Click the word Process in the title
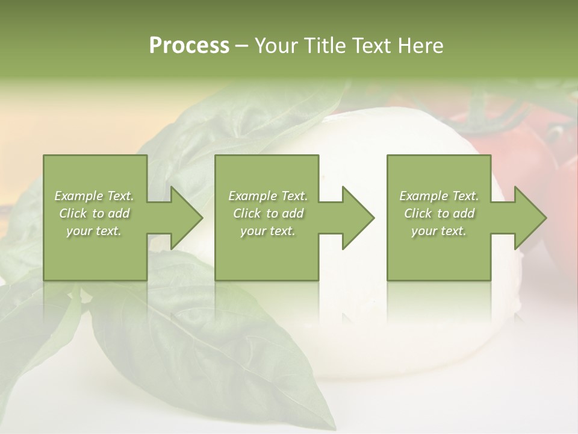click(x=189, y=45)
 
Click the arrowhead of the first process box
click(x=183, y=218)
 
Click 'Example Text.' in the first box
click(x=94, y=196)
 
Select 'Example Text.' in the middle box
click(x=268, y=196)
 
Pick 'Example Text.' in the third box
click(x=439, y=196)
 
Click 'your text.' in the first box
click(x=94, y=231)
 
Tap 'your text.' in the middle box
click(x=268, y=231)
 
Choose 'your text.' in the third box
click(x=439, y=231)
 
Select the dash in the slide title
click(x=242, y=46)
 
